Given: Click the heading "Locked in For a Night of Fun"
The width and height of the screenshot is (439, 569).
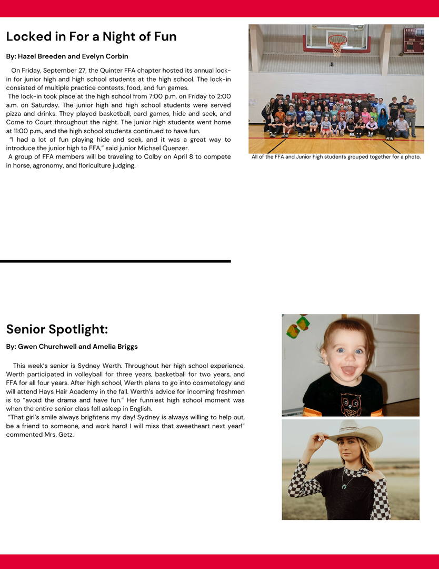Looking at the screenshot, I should point(91,36).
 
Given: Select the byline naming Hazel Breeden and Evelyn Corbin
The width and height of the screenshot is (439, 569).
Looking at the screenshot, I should point(67,56).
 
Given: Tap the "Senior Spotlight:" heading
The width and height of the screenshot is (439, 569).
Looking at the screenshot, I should point(57,329).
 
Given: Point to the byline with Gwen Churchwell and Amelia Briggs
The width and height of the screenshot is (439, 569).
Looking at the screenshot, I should point(72,347).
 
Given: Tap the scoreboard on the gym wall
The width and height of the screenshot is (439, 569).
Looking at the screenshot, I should point(413,41).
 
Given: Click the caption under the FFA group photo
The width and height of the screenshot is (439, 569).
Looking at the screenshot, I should point(336,157).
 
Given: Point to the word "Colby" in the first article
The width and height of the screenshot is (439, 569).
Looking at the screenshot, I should point(148,157).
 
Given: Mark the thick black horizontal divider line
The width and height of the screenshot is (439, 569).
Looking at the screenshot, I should point(115,261).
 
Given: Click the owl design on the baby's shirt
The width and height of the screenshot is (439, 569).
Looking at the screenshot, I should point(351,404).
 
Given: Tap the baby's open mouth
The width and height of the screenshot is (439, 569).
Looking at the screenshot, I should point(349,370).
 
